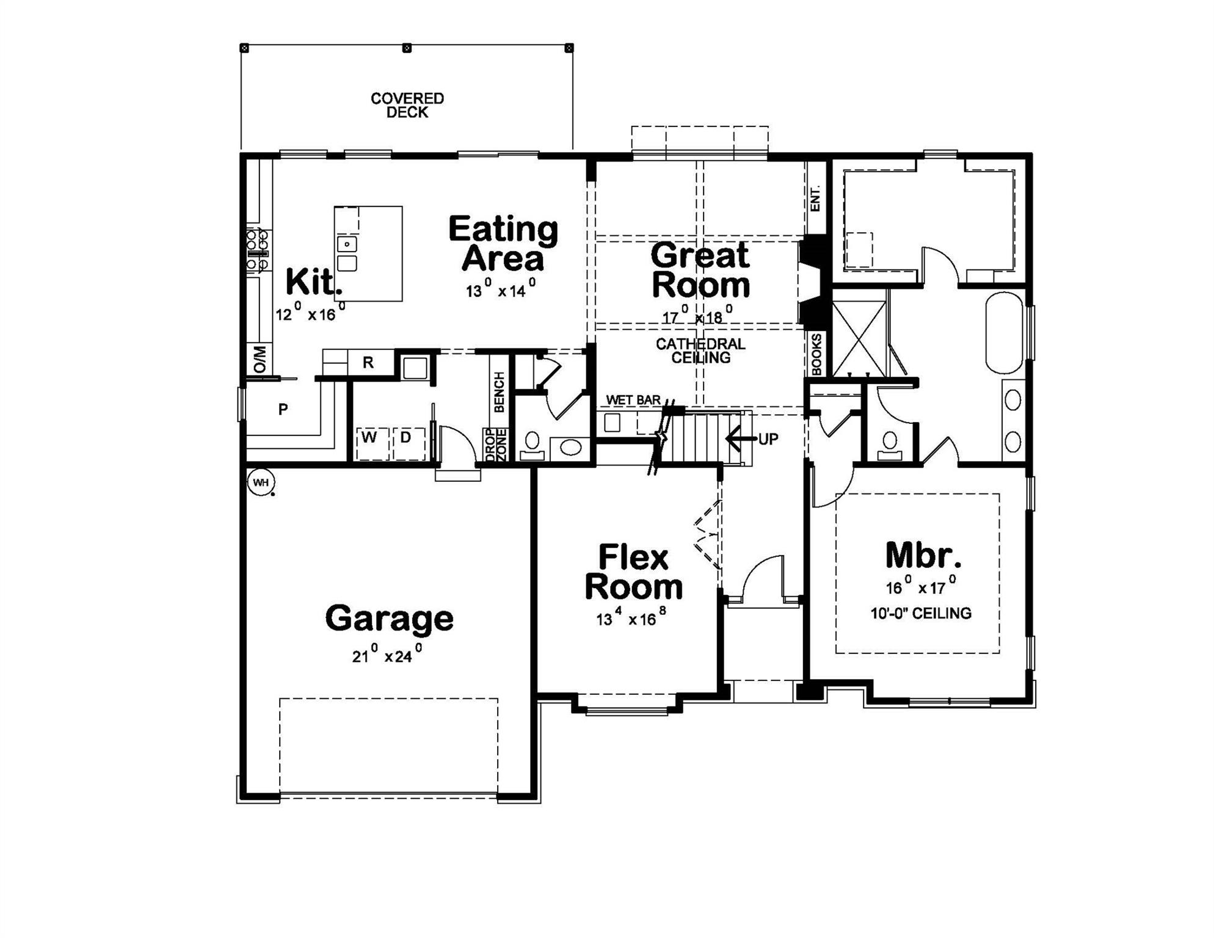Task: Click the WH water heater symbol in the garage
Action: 261,482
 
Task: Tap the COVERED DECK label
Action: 407,106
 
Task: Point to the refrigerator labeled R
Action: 368,363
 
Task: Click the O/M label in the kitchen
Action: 260,359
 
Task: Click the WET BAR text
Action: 633,400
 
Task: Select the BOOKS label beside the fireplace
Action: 816,354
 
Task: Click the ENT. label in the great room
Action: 815,198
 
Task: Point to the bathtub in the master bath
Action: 1004,333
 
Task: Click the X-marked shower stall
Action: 859,338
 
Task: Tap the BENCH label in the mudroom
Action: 499,392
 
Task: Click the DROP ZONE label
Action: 496,445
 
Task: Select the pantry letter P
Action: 283,409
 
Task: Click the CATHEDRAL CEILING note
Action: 700,351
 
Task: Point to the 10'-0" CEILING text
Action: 920,613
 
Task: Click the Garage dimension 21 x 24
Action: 387,656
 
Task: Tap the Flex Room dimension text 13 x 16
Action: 631,619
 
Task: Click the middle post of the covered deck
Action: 407,48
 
